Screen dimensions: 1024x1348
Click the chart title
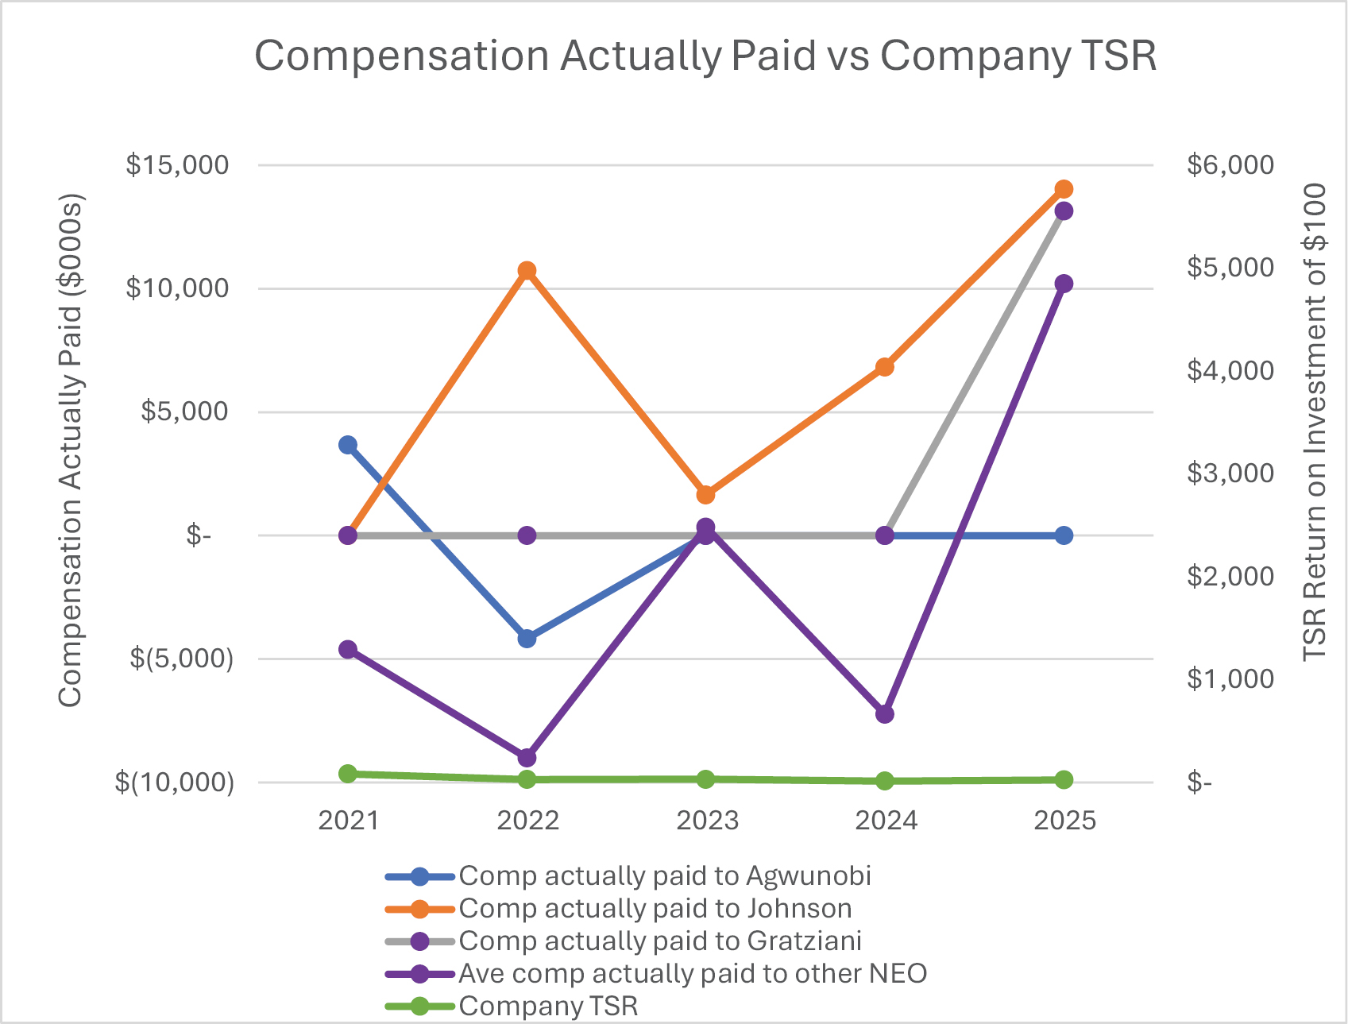[705, 56]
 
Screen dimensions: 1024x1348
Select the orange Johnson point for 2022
[527, 271]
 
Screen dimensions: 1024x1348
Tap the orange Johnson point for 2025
[1064, 189]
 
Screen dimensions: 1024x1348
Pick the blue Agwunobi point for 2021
[348, 445]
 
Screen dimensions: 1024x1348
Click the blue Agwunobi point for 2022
[527, 638]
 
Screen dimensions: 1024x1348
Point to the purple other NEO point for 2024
[885, 714]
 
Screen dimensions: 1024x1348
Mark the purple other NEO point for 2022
[527, 757]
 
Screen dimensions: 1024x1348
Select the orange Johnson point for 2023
[705, 495]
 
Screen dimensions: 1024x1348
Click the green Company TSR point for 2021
[348, 774]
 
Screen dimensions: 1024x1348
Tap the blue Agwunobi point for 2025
[1064, 535]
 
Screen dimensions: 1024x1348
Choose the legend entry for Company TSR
[548, 1006]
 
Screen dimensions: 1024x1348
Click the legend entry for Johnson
[655, 908]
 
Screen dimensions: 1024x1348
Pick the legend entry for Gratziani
[659, 941]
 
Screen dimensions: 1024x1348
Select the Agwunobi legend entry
[664, 875]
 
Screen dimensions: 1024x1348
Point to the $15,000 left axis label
[177, 165]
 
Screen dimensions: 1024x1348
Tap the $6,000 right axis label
[1230, 165]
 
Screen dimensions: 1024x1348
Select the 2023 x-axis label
[706, 820]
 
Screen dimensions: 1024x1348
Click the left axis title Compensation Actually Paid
[70, 450]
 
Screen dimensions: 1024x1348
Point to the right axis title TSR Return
[1315, 421]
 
